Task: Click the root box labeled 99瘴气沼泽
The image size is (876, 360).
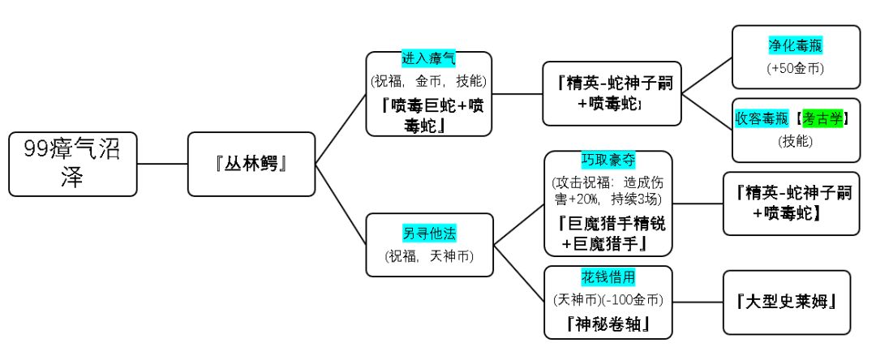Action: point(73,164)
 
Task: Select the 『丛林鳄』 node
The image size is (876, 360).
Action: point(251,164)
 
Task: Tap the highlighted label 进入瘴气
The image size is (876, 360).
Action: point(428,59)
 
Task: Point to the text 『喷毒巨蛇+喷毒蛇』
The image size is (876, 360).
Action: point(428,115)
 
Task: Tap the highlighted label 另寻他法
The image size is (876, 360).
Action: point(429,234)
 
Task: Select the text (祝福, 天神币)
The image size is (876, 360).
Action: point(429,256)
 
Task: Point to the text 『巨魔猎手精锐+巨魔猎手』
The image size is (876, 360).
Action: point(608,232)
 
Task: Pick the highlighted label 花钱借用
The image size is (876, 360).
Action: point(608,276)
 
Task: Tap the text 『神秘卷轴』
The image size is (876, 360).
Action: point(608,326)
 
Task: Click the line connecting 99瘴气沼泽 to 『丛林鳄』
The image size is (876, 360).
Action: point(162,164)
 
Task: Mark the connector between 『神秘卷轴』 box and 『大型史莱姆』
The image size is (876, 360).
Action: point(698,302)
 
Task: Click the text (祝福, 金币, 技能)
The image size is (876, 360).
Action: point(428,81)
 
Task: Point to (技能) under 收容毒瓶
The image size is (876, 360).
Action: point(789,141)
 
